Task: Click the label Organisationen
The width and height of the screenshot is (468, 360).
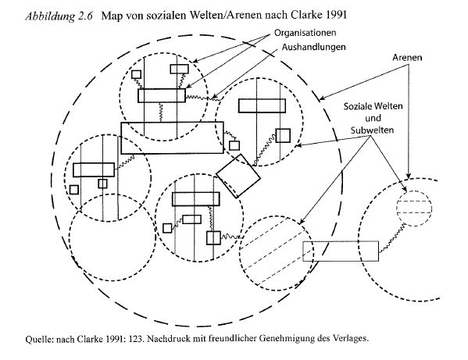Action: pos(305,33)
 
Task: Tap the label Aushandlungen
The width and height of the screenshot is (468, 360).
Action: pos(313,47)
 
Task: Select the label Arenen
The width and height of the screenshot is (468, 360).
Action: pos(407,57)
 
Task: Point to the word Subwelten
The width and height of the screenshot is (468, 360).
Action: pos(372,130)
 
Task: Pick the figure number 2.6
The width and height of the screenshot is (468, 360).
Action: pos(86,16)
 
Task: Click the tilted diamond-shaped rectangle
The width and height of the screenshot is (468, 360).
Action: pos(238,176)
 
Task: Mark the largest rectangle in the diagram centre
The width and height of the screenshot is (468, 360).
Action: pos(172,137)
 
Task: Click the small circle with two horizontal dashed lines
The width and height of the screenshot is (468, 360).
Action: pos(414,208)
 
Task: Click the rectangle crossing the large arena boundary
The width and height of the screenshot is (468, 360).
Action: pos(341,251)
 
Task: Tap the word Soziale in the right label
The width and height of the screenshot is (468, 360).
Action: pos(356,106)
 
